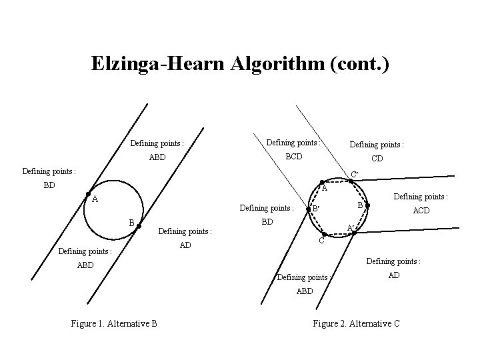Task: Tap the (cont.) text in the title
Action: (357, 64)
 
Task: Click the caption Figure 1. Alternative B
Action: (114, 323)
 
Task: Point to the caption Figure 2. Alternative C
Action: (356, 323)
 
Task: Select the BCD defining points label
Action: (293, 157)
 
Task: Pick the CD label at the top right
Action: (377, 159)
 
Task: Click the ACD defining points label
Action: (421, 210)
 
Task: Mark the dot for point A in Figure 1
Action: (88, 194)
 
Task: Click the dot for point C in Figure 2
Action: (323, 235)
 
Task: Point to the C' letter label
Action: (355, 175)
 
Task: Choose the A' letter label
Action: (351, 227)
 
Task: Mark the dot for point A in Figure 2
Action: (321, 182)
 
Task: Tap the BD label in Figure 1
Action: (49, 185)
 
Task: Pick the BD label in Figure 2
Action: (267, 221)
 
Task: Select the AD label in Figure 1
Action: (185, 245)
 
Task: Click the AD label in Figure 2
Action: (394, 274)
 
